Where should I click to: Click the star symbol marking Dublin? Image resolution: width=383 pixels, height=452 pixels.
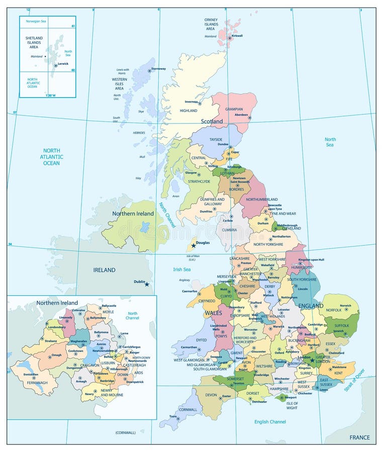tap(147, 285)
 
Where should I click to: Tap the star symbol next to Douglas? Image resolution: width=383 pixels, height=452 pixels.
tap(194, 246)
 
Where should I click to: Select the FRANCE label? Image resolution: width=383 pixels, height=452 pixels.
tap(360, 437)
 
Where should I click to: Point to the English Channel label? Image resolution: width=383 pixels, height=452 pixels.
tap(270, 422)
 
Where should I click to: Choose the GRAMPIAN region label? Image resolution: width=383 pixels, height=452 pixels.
tap(234, 109)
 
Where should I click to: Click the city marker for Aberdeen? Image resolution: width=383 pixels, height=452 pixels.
tap(250, 119)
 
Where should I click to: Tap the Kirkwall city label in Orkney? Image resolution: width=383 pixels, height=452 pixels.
tap(237, 36)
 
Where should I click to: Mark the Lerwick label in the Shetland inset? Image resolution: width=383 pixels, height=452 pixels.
tap(63, 64)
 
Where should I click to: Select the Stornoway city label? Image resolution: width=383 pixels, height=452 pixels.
tap(158, 69)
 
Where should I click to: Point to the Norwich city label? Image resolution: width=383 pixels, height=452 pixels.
tap(345, 305)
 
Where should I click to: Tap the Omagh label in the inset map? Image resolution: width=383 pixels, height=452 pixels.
tap(56, 356)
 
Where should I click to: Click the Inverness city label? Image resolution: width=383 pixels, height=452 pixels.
tap(191, 101)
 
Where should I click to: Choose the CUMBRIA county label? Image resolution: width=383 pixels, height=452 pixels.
tap(230, 230)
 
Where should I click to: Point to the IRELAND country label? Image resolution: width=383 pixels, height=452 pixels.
tap(104, 270)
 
